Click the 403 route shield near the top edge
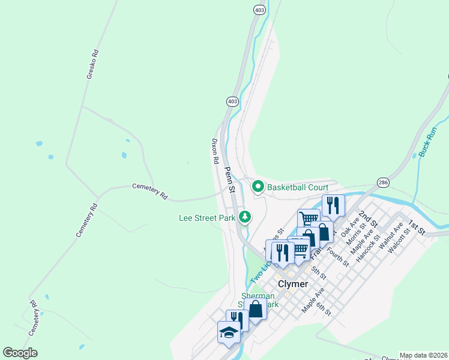(x=259, y=10)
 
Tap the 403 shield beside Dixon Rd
(x=232, y=101)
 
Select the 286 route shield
(x=383, y=182)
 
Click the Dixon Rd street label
(x=214, y=152)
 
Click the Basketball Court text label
(x=298, y=187)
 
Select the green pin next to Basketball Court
(x=258, y=187)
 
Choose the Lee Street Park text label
(x=207, y=218)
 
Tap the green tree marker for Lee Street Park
(x=244, y=217)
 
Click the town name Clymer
(x=294, y=283)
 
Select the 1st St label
(x=416, y=227)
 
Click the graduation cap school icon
(x=229, y=332)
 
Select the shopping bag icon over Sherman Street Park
(x=256, y=310)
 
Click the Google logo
(x=20, y=353)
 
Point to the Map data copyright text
(x=423, y=355)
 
